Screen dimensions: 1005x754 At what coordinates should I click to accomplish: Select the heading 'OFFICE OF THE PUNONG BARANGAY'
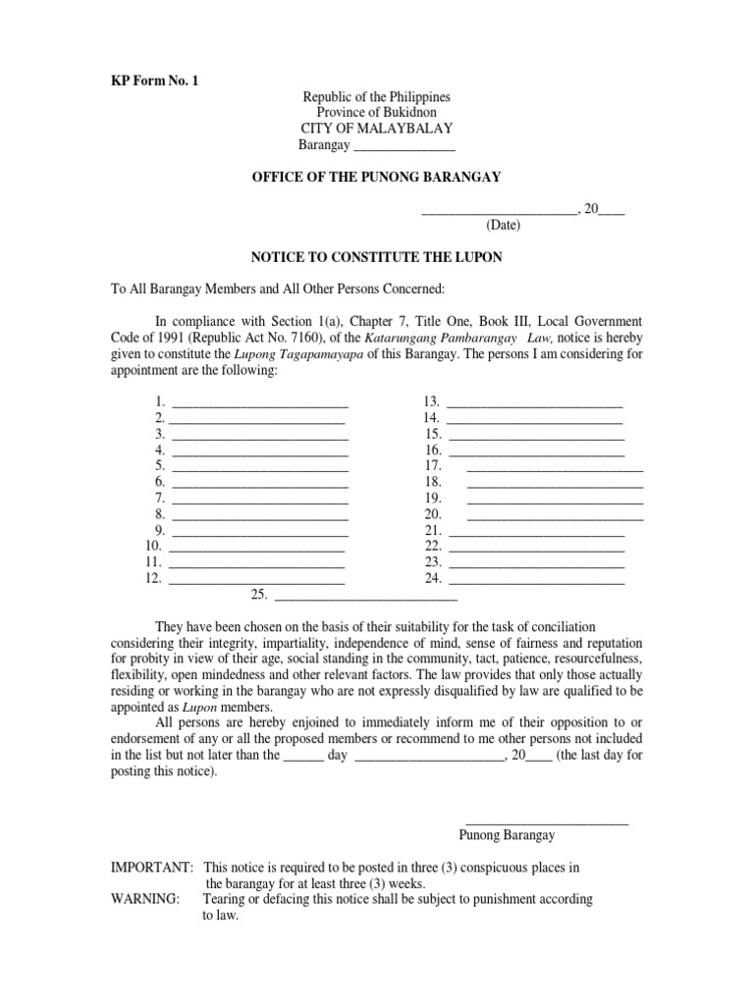coord(377,177)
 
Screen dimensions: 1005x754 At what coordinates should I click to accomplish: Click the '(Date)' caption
coord(504,225)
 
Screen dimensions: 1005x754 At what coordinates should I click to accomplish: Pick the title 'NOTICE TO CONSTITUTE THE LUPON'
coord(377,257)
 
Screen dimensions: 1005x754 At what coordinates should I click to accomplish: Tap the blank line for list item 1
coord(259,403)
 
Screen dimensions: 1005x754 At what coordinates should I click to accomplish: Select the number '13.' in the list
coord(430,401)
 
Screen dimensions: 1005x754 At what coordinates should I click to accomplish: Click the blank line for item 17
coord(555,467)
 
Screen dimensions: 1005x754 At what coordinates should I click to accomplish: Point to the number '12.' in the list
coord(153,578)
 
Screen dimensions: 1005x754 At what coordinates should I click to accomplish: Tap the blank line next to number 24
coord(536,580)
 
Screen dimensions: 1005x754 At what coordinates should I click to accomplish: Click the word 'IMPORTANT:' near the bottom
coord(152,868)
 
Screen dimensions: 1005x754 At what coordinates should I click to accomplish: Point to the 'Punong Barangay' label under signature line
coord(507,835)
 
